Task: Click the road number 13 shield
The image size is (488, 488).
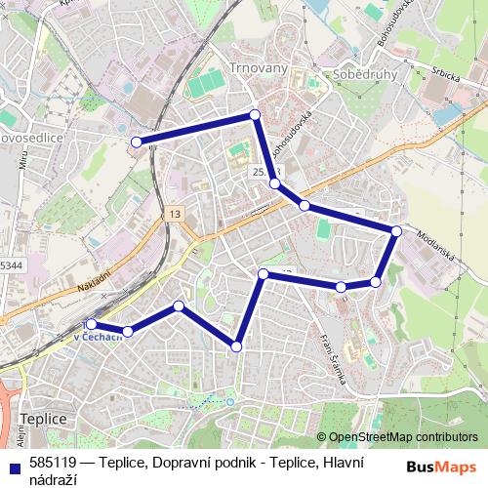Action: [174, 214]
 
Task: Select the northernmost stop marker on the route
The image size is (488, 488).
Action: [255, 115]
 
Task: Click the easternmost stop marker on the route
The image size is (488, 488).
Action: [396, 230]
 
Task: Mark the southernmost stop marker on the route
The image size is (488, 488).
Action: [236, 346]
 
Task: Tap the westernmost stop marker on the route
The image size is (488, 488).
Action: [91, 324]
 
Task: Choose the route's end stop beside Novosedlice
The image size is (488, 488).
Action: [137, 142]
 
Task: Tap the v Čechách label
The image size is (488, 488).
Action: [98, 337]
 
